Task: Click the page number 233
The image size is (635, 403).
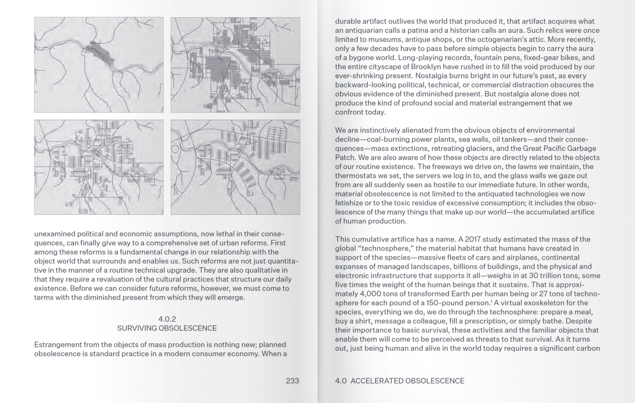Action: click(x=292, y=381)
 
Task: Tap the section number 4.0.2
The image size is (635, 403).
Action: click(x=167, y=319)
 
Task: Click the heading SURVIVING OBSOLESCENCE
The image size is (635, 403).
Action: click(x=167, y=328)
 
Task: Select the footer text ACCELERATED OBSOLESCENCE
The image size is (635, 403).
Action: click(x=407, y=381)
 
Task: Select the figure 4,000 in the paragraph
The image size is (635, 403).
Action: click(x=371, y=294)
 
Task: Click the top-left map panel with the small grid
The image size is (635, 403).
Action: click(x=99, y=65)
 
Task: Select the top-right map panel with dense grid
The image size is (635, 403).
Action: click(x=235, y=65)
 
